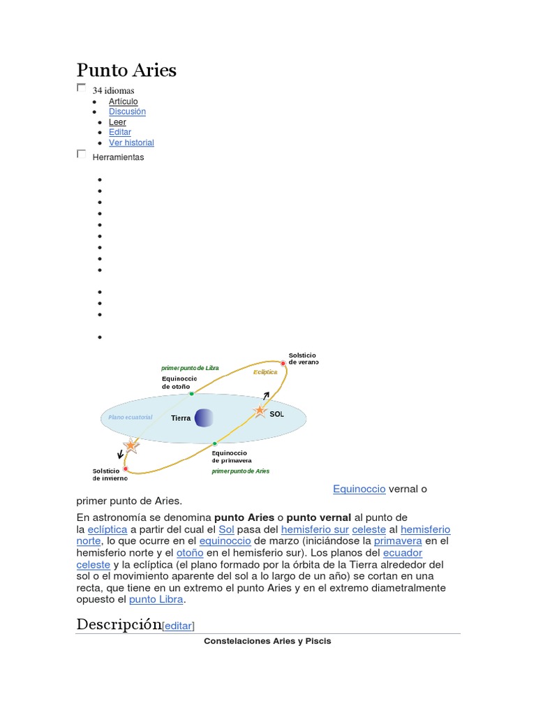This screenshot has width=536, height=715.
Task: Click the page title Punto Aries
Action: click(126, 70)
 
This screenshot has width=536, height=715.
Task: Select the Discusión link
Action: click(127, 112)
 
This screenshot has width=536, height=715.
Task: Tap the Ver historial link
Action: click(131, 143)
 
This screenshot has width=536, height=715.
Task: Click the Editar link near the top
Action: click(119, 132)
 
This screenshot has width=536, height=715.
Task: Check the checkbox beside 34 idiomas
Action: click(81, 88)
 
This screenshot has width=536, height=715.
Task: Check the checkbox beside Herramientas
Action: click(81, 154)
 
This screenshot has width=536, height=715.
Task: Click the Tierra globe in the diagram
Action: click(204, 418)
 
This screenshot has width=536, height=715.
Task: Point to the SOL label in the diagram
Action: click(277, 414)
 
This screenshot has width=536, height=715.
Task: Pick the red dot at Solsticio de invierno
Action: click(126, 469)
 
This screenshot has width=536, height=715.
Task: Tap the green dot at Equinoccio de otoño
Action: click(192, 394)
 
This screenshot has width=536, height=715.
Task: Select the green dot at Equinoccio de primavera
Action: click(215, 443)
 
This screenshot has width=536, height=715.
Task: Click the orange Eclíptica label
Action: click(265, 372)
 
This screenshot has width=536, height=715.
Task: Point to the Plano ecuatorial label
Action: click(130, 418)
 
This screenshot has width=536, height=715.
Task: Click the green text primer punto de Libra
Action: click(190, 367)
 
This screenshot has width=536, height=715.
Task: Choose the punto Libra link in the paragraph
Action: click(156, 600)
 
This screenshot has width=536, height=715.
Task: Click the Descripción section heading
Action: click(119, 624)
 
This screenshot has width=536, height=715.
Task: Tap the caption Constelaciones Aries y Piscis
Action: click(267, 641)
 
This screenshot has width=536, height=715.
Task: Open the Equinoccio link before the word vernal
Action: click(359, 489)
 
